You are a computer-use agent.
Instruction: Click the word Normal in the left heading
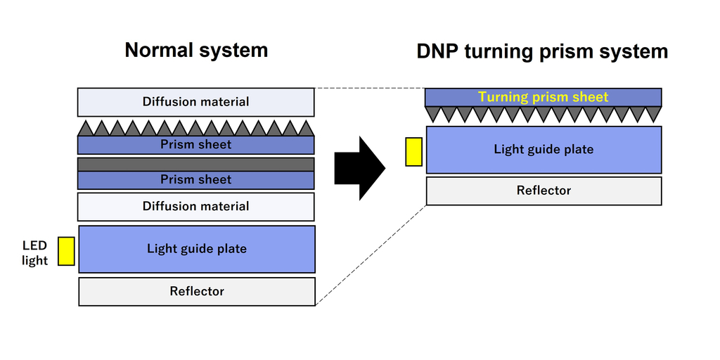160,51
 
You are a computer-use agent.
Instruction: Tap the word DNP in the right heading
438,51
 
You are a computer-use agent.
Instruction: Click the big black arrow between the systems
359,168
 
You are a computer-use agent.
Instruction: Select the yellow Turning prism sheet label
543,97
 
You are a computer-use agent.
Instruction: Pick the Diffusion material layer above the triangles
195,102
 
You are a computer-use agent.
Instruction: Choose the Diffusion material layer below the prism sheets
195,206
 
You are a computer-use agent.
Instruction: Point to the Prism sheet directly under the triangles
195,145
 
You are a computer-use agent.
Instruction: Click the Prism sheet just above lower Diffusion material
195,180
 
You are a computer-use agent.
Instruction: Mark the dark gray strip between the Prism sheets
195,164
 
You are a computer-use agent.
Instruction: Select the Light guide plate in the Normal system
196,249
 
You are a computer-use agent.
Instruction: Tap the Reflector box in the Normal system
196,291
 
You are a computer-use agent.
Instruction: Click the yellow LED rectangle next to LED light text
66,251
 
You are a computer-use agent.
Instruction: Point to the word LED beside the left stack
34,245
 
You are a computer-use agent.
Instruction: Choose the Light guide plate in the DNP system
543,149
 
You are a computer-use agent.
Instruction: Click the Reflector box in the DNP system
543,191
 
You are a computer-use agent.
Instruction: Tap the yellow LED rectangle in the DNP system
413,152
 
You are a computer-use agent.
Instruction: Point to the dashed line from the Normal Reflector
371,255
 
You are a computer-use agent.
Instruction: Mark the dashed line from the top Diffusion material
369,89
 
